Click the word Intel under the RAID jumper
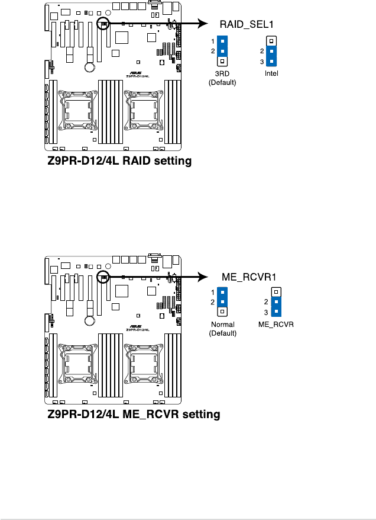[271, 74]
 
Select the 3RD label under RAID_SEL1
[222, 74]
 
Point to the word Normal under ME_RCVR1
[222, 325]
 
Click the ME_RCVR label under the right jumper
[275, 325]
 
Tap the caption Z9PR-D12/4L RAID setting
[120, 161]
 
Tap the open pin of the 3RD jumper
[222, 61]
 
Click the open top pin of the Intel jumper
[271, 41]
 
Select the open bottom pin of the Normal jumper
[222, 312]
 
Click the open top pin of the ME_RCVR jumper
[275, 292]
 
